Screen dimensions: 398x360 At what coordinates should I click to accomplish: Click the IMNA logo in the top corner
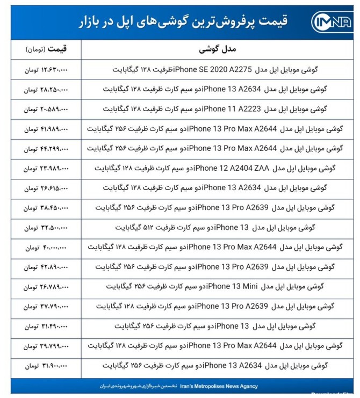[x=332, y=22]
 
